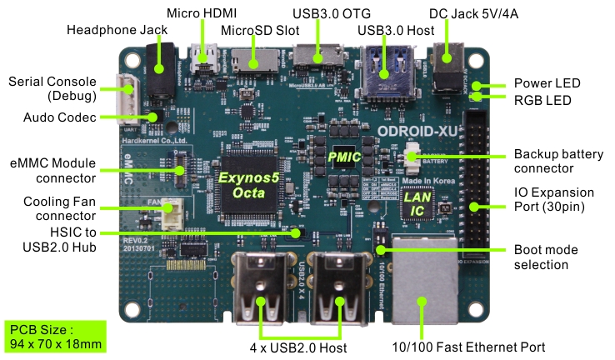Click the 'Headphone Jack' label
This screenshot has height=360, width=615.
(x=117, y=30)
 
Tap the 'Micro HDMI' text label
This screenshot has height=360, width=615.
(x=202, y=12)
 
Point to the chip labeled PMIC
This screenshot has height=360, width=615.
(x=344, y=157)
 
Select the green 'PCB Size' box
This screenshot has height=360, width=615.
(x=55, y=336)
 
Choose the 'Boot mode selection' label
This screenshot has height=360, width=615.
(x=543, y=257)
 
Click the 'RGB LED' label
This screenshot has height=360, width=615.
(x=542, y=100)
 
